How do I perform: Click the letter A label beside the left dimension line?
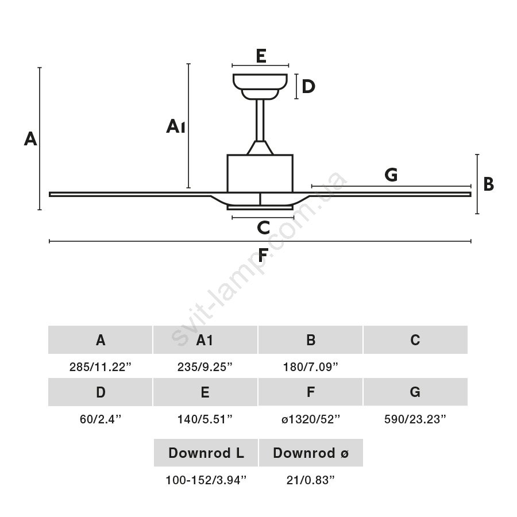coord(30,138)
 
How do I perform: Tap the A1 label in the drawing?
coord(175,126)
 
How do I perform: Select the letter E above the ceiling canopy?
coord(261,56)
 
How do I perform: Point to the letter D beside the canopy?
coord(308,87)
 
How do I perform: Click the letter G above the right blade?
coord(391,175)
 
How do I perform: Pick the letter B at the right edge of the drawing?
coord(488,184)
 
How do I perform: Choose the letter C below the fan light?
coord(263,228)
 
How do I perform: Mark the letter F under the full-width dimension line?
coord(263,255)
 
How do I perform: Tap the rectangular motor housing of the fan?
coord(260,173)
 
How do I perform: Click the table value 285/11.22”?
coord(101,367)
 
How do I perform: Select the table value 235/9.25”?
coord(205,367)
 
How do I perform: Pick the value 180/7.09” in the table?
coord(310,367)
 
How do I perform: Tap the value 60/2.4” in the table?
coord(101,419)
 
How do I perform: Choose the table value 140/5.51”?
coord(205,419)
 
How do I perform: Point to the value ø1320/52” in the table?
coord(310,419)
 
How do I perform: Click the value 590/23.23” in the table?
coord(415,419)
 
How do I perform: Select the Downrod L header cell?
coord(206,453)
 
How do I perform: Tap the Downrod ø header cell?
coord(310,453)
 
